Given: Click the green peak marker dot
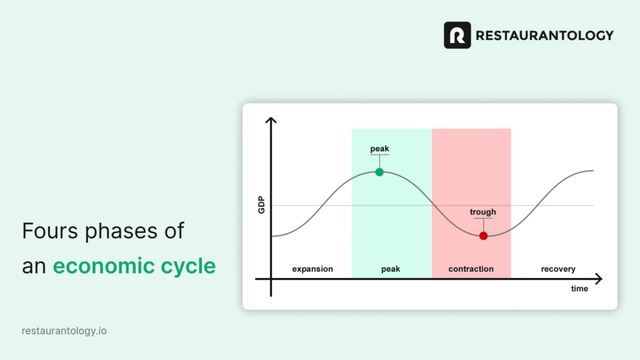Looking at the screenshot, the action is click(379, 172).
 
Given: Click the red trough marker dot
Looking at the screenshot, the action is click(483, 236).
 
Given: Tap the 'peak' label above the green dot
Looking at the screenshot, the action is click(379, 149).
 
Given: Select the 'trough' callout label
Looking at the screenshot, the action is click(483, 212).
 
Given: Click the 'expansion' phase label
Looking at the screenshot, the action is click(312, 269).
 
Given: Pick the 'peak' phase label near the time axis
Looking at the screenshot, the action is click(391, 269).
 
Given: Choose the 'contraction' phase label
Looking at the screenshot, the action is click(471, 269).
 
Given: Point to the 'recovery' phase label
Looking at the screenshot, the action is click(558, 269).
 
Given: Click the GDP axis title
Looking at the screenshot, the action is click(261, 205).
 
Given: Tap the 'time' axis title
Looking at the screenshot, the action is click(579, 289).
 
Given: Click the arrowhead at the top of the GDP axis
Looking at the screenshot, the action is click(271, 120).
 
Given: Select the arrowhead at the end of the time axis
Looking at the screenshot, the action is click(599, 279).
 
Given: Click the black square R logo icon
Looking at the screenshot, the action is click(457, 35).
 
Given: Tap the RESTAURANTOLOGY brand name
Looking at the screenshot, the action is click(544, 36).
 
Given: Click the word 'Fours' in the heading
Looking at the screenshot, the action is click(50, 231).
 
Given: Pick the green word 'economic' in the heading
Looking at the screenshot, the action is click(104, 266).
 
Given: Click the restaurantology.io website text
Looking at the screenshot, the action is click(64, 331).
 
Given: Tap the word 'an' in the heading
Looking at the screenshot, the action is click(33, 267).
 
